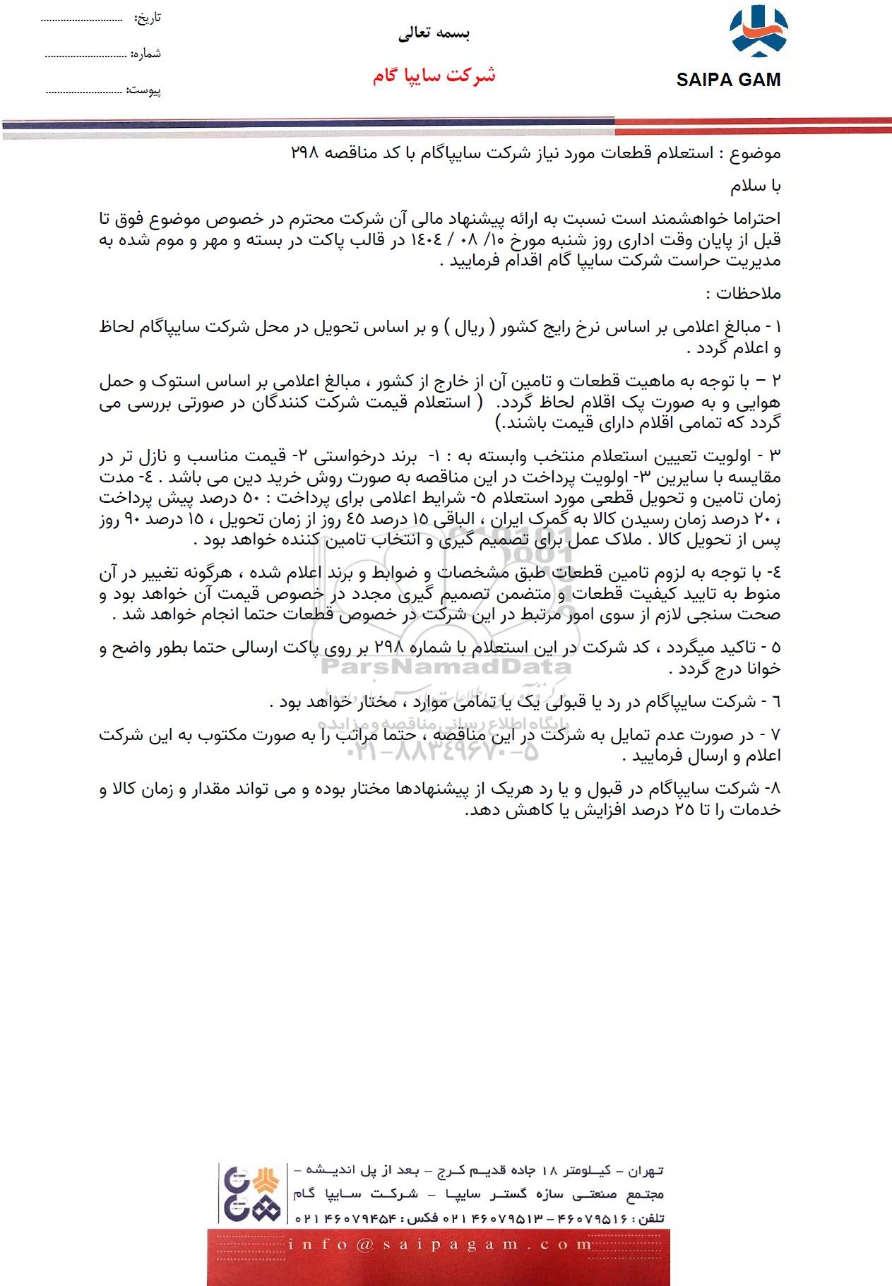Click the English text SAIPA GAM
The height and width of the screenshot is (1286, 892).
tap(728, 80)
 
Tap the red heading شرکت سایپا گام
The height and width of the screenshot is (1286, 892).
tap(434, 76)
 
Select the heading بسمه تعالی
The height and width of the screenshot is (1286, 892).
tap(434, 32)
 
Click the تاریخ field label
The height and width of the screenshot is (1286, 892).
tap(148, 18)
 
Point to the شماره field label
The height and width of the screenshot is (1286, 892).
tap(146, 54)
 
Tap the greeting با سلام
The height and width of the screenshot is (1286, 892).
tap(756, 186)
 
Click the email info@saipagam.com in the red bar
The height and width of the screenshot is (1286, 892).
tap(439, 1244)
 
